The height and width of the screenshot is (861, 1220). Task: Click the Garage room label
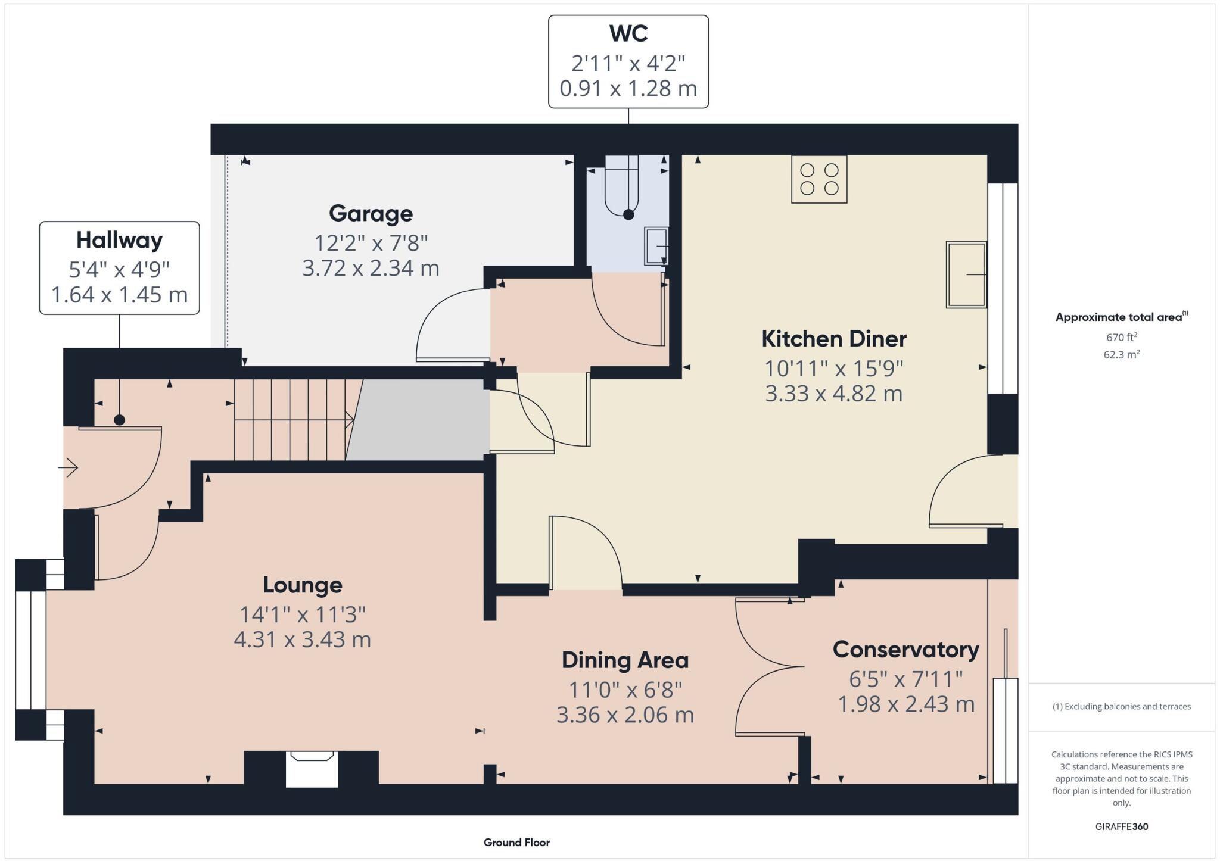coord(371,213)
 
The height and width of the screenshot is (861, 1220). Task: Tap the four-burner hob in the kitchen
coord(819,179)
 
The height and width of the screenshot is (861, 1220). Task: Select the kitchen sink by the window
coord(966,274)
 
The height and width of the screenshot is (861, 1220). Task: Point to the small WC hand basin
coord(656,246)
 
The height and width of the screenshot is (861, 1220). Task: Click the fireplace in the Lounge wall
coord(312,769)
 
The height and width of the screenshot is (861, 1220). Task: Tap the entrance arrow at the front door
coord(69,467)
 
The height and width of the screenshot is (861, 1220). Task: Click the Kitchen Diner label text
coord(833,339)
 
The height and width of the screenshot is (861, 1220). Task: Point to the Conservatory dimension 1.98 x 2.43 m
coord(905,704)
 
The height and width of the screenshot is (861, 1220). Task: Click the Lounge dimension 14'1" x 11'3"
coord(302,614)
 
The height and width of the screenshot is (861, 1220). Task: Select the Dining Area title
coord(625,660)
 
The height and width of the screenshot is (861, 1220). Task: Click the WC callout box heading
coord(628,34)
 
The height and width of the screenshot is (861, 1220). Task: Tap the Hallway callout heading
coord(119,240)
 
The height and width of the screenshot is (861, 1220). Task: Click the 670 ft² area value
coord(1121,337)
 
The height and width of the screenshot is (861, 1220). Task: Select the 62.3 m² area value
coord(1121,355)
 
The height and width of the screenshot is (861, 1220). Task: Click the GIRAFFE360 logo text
coord(1121,826)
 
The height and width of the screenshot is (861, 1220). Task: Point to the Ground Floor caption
coord(516,842)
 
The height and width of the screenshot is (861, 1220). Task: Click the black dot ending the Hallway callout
coord(119,420)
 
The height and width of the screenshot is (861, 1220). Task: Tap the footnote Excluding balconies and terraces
coord(1121,707)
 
